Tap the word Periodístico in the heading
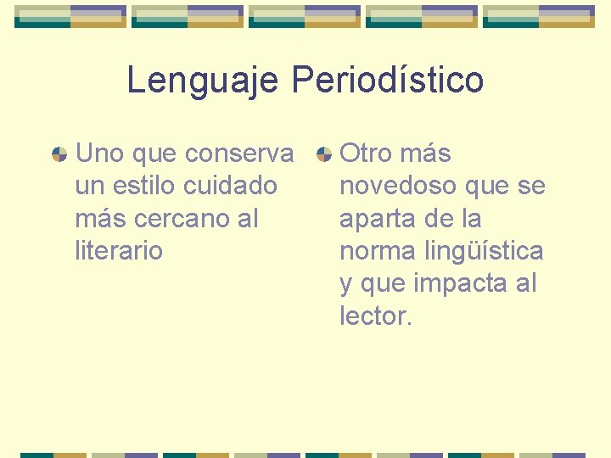click(x=388, y=81)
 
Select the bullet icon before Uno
click(x=59, y=154)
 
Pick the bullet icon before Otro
click(x=323, y=154)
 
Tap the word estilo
click(x=143, y=186)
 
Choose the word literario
click(x=118, y=250)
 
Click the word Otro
click(x=365, y=154)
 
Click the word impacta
click(x=458, y=283)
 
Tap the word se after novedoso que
click(x=532, y=186)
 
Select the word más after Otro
click(x=424, y=154)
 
